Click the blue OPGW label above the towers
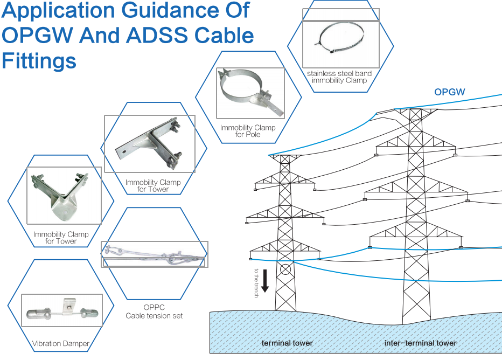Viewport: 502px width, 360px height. click(x=450, y=92)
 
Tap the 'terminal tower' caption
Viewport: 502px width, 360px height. click(x=287, y=343)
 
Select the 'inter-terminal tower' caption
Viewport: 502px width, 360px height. click(x=420, y=343)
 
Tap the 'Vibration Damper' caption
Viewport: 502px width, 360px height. click(x=60, y=343)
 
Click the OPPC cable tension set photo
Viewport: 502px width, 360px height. click(x=154, y=254)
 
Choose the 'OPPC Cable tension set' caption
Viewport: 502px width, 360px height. click(x=154, y=311)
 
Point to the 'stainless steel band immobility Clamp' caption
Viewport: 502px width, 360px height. click(x=339, y=77)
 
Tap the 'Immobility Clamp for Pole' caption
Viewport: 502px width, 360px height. click(x=248, y=131)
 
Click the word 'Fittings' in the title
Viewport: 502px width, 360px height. click(x=39, y=60)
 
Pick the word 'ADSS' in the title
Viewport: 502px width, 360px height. click(x=168, y=35)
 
